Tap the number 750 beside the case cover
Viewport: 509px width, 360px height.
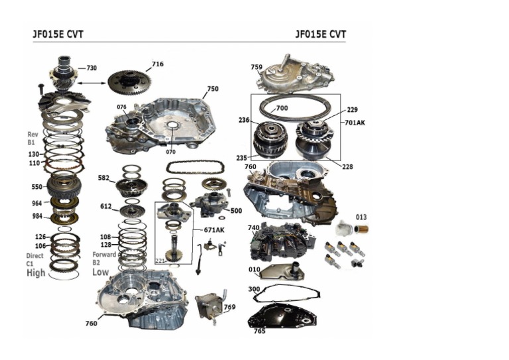click(212, 88)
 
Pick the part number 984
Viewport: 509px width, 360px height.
click(36, 216)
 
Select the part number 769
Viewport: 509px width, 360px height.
click(229, 307)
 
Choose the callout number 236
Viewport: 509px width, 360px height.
click(244, 121)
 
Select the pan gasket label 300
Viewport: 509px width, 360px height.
click(253, 289)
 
